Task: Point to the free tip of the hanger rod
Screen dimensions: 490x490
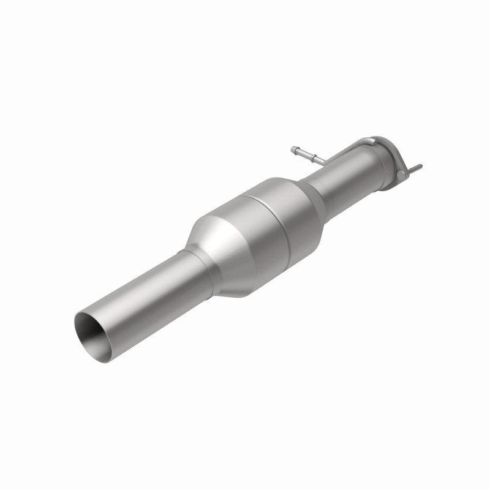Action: click(295, 148)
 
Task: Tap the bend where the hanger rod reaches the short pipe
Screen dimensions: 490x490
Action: click(322, 162)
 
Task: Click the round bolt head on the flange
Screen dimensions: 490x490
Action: click(401, 176)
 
